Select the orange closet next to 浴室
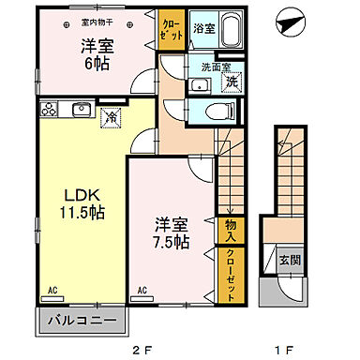click(172, 29)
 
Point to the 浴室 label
click(204, 29)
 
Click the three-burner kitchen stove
click(50, 110)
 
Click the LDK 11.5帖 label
click(83, 203)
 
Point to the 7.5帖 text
click(172, 234)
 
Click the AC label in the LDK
click(52, 291)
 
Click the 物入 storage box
click(230, 229)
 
